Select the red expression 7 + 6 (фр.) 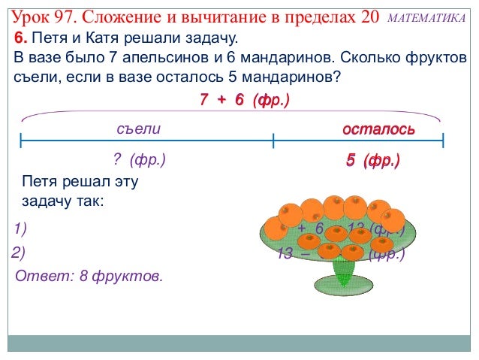[245, 100]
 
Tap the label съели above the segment [139, 129]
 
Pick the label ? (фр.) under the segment [138, 160]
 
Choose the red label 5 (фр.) [372, 161]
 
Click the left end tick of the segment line [21, 141]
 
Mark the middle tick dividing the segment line [273, 141]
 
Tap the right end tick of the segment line [444, 141]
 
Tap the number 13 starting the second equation [284, 254]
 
